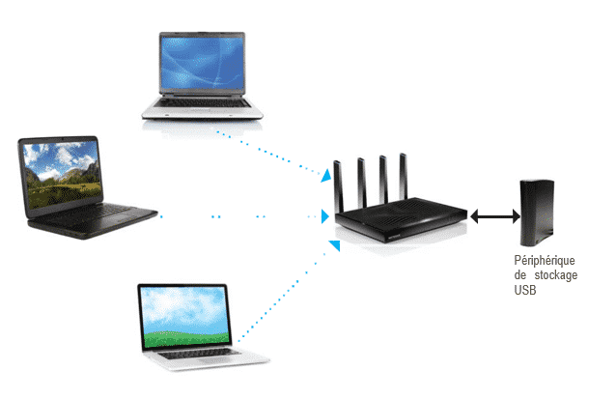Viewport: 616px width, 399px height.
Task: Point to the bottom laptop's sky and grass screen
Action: point(184,316)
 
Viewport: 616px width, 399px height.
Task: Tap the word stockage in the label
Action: point(557,275)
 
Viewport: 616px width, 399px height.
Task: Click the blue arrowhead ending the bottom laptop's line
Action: point(334,250)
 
